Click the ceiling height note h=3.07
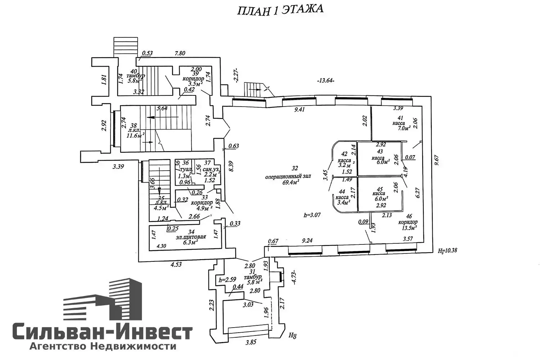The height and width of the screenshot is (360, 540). point(312,215)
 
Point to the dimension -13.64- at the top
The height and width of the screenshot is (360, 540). point(325,80)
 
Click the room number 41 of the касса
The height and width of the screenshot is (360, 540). point(400,118)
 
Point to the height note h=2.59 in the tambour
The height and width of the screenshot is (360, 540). point(227,279)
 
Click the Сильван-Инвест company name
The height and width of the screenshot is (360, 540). point(103,332)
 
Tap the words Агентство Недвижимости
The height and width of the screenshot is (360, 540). point(103,347)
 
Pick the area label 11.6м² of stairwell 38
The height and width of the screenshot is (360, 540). point(135,136)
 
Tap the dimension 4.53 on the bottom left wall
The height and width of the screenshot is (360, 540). point(176,265)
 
